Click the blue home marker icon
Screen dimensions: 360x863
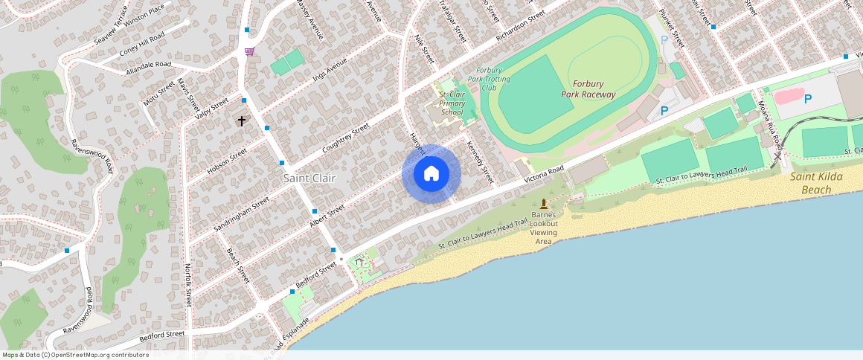431,174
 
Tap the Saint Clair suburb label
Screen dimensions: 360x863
309,179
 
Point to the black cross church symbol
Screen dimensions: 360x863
241,120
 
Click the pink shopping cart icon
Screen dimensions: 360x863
249,51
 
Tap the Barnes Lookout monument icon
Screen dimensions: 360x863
544,204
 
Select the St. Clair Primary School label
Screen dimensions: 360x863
452,103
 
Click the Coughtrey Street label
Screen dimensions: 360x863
345,139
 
